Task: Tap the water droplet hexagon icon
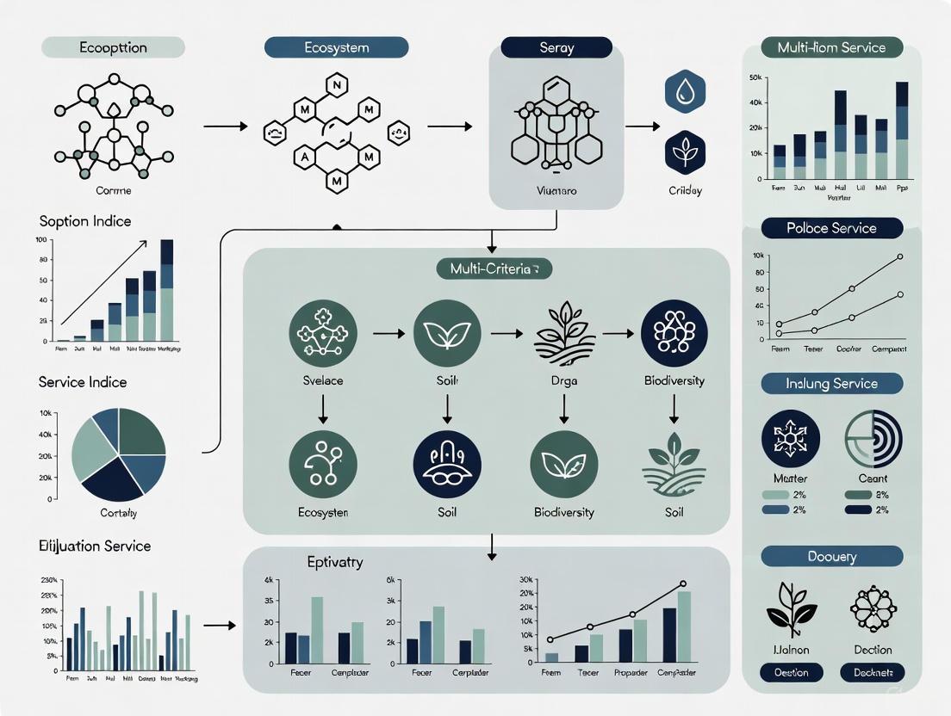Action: [x=686, y=92]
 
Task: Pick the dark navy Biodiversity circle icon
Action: [x=674, y=333]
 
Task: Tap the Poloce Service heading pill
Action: [x=831, y=228]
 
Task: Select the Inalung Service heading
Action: [x=831, y=384]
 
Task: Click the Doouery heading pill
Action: [x=831, y=556]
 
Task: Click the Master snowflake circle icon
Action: [x=791, y=438]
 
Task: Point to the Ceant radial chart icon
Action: [x=873, y=438]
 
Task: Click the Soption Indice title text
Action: [x=85, y=221]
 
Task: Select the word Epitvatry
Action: [x=335, y=562]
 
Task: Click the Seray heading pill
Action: [x=556, y=48]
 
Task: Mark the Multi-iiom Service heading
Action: [x=831, y=47]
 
